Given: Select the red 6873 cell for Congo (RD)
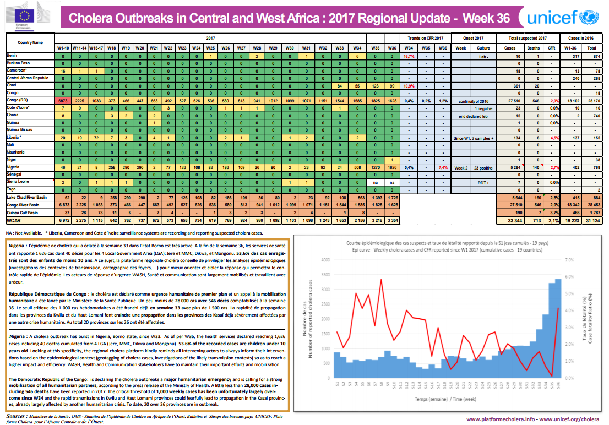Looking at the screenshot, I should [x=63, y=102].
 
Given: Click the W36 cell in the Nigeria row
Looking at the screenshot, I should [x=392, y=166].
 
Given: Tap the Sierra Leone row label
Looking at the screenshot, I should [x=18, y=181].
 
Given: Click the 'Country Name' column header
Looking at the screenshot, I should [x=30, y=42].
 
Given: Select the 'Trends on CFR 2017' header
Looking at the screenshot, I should [x=426, y=38].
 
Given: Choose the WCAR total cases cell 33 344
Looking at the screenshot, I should [x=516, y=220].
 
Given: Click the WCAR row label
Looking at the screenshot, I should [x=14, y=220].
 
